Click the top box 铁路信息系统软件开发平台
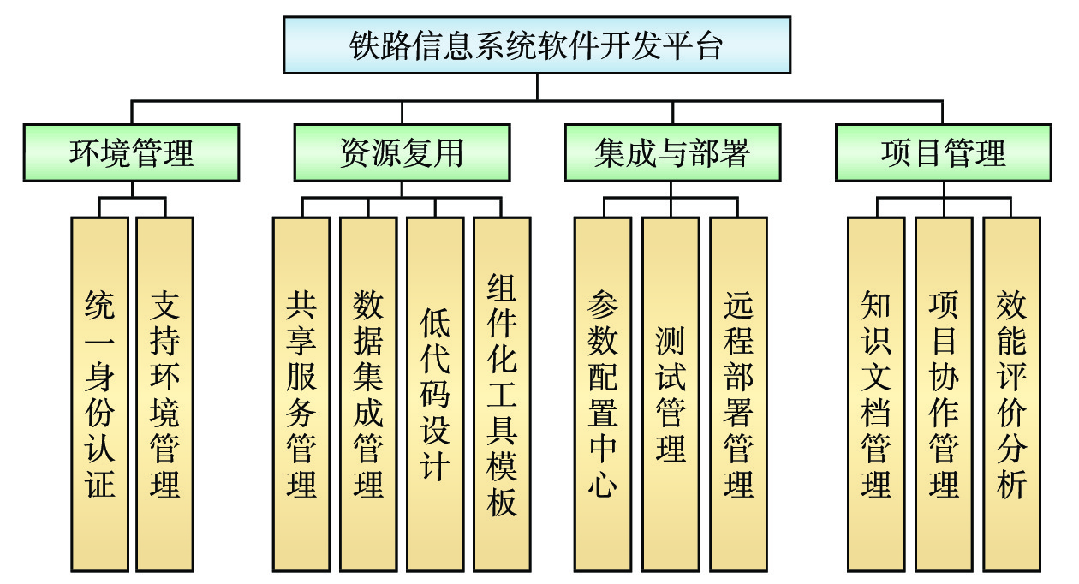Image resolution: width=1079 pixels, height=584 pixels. tap(537, 45)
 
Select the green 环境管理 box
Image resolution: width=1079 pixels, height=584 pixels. tap(131, 152)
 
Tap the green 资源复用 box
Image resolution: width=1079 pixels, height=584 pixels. tap(402, 152)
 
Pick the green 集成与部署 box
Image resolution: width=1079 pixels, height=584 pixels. tap(672, 152)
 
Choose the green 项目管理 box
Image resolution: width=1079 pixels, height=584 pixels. tap(943, 152)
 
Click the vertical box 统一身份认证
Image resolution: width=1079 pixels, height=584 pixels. tap(99, 394)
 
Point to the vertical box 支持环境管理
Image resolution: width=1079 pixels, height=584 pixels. tap(165, 394)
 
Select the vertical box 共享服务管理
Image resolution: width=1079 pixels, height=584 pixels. tap(301, 394)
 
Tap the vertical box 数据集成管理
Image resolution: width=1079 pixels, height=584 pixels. tap(368, 394)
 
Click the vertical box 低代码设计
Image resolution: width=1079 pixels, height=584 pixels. tap(435, 394)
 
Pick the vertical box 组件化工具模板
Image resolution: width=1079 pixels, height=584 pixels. tap(502, 394)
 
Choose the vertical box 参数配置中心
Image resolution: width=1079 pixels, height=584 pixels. tap(603, 394)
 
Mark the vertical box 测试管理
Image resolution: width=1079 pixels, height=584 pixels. tap(671, 394)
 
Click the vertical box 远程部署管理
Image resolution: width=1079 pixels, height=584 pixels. tap(738, 394)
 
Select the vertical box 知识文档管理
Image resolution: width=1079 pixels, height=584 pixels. tap(876, 394)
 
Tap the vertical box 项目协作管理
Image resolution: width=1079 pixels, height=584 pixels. tap(944, 394)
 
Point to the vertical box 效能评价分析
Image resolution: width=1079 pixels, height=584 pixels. tap(1011, 394)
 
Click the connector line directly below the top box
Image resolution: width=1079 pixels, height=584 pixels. tap(537, 87)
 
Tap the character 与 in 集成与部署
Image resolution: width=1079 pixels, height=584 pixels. tap(671, 153)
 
